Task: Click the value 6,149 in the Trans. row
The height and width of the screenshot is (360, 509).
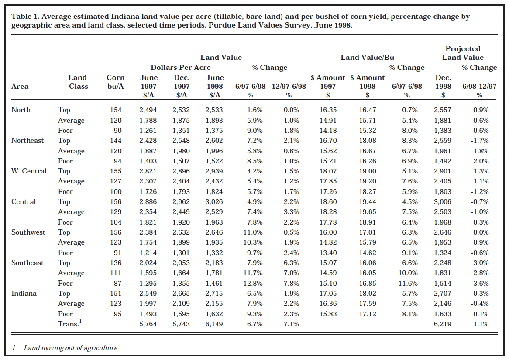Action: click(214, 324)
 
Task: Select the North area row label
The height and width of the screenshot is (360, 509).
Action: click(21, 110)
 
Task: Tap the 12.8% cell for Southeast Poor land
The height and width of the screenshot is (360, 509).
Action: click(254, 283)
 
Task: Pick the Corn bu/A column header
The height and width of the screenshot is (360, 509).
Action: click(116, 82)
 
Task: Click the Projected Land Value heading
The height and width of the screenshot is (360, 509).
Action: click(463, 53)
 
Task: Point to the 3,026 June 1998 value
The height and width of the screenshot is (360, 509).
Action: click(214, 202)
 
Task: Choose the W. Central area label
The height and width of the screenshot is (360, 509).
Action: click(29, 171)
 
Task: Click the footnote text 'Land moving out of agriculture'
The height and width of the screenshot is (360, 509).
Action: click(70, 348)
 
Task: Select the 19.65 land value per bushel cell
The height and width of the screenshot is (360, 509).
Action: click(368, 212)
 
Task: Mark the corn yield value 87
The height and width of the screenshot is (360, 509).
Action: click(117, 283)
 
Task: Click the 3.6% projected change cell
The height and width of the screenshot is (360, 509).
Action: click(480, 283)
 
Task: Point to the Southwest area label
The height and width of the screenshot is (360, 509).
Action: click(28, 232)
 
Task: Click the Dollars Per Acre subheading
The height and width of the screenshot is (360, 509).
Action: click(181, 68)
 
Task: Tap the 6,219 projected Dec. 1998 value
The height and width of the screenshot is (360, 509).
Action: click(443, 324)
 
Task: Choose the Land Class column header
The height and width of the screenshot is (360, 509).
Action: click(78, 82)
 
